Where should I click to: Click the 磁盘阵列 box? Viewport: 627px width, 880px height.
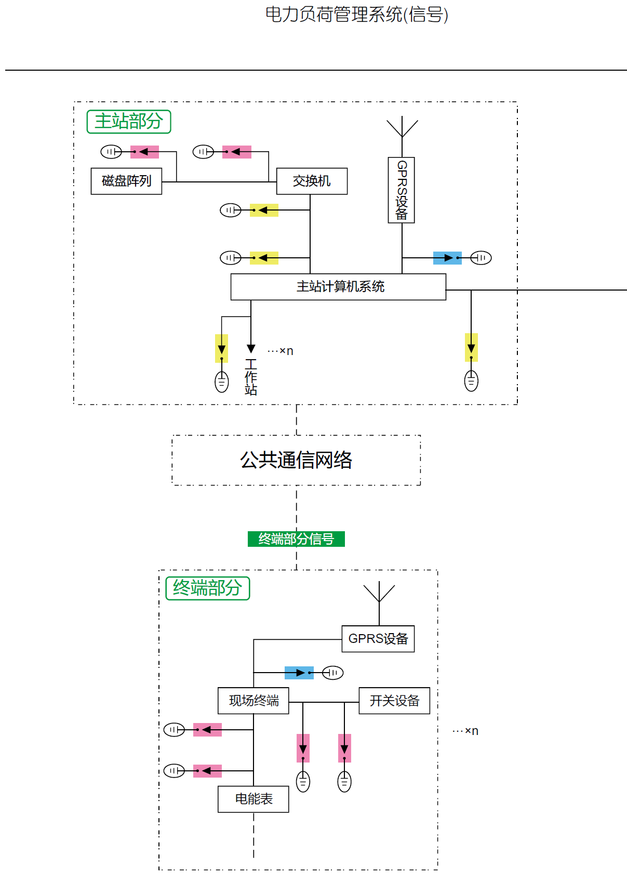point(126,181)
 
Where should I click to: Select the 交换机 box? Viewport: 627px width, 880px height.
point(312,181)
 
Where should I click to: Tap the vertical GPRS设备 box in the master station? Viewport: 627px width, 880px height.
point(402,190)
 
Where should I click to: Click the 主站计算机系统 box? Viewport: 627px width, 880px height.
point(338,287)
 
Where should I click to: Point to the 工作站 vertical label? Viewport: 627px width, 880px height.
point(251,377)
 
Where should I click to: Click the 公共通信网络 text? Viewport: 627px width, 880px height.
point(296,460)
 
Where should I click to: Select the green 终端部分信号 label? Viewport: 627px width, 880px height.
point(296,539)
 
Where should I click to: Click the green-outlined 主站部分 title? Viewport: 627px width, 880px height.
point(129,122)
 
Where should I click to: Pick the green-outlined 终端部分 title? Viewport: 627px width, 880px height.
point(208,588)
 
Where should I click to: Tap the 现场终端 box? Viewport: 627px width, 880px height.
point(254,701)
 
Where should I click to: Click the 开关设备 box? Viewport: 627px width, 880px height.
point(394,701)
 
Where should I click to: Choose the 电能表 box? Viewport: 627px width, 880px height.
point(254,799)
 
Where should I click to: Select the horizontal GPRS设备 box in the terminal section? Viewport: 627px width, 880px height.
point(378,639)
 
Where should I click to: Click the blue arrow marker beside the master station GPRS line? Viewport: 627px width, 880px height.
point(447,258)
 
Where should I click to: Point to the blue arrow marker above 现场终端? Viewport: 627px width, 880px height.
point(299,673)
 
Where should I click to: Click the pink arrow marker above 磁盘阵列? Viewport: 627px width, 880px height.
point(144,152)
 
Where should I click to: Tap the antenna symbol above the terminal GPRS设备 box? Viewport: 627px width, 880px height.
point(379,594)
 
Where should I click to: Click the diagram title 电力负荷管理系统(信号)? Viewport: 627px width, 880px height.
point(357,15)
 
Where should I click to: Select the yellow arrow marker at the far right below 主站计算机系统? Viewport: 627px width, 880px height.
point(471,347)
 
